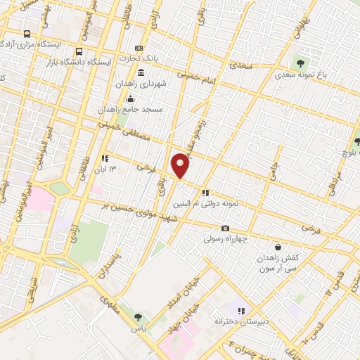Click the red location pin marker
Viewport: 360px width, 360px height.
[181, 165]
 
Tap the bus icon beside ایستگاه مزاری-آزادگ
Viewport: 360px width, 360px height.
[27, 34]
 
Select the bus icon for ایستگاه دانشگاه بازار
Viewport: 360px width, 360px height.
[79, 51]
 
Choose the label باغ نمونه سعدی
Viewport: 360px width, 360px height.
[303, 73]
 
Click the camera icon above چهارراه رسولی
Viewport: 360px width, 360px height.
[225, 228]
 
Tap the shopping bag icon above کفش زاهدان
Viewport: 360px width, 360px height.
[279, 247]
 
